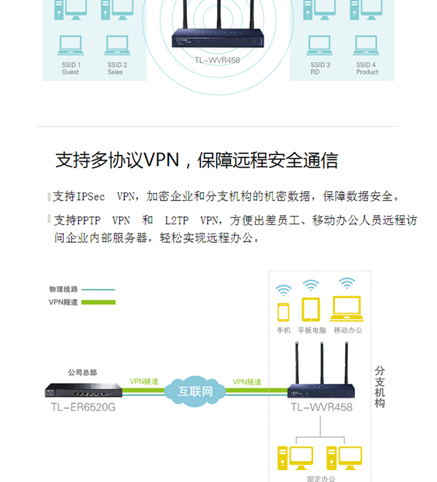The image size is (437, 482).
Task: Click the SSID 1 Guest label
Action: tap(71, 68)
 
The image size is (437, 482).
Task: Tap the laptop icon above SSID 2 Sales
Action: tap(117, 45)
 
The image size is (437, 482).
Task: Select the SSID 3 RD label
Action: tap(320, 68)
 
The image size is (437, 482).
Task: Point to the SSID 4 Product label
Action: tap(366, 68)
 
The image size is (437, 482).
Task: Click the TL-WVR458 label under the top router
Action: tap(217, 59)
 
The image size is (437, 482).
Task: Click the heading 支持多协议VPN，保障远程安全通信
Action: tap(196, 160)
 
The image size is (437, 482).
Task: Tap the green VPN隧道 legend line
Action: tap(98, 302)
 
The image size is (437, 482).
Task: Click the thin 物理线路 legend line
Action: tap(98, 289)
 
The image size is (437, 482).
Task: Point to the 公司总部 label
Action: tap(82, 372)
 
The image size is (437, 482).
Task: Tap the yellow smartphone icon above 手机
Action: tap(284, 312)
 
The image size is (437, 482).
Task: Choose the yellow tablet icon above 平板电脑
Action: tap(311, 310)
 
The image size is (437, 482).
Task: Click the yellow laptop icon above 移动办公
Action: tap(347, 309)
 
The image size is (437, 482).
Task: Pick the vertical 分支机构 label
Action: tap(380, 387)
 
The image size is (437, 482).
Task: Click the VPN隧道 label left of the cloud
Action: tap(144, 381)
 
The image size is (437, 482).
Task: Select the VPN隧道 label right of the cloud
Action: tap(247, 382)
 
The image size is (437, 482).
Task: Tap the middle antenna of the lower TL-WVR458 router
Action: tap(321, 364)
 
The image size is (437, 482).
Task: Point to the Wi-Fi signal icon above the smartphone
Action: tap(284, 289)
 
